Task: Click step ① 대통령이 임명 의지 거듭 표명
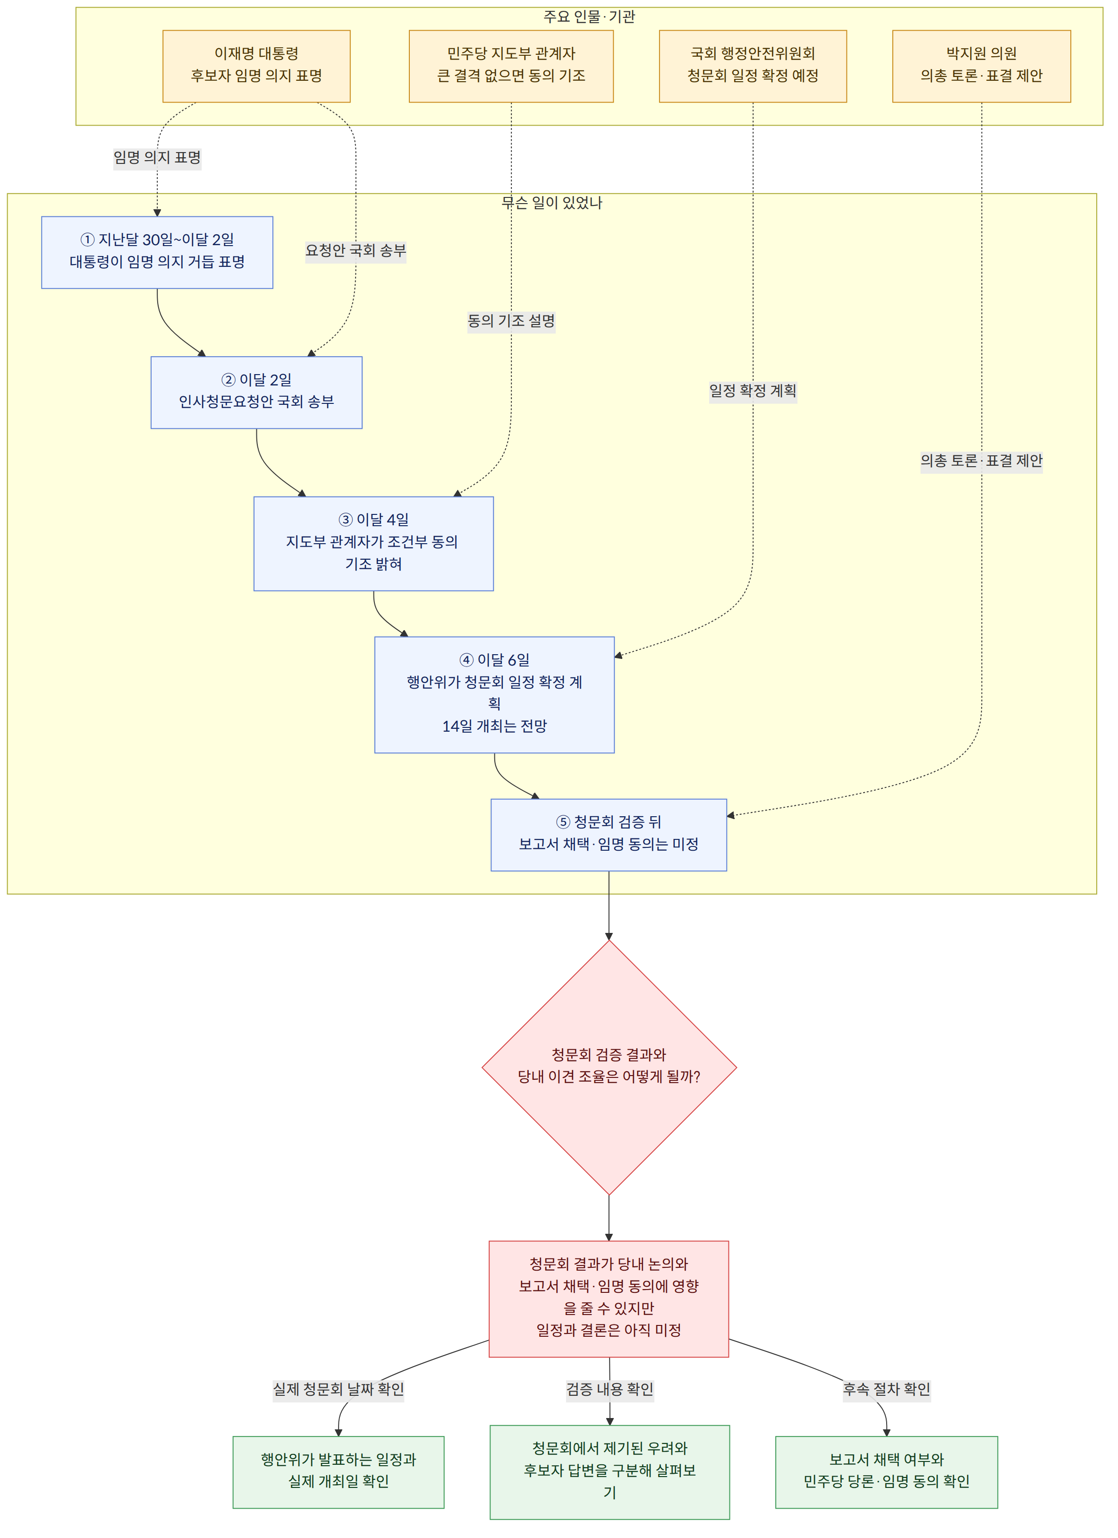pyautogui.click(x=157, y=252)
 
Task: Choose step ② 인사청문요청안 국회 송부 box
pyautogui.click(x=256, y=393)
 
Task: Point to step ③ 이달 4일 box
pyautogui.click(x=373, y=544)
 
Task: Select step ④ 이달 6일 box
pyautogui.click(x=494, y=694)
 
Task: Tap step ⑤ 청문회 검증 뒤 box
pyautogui.click(x=609, y=835)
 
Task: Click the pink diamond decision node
pyautogui.click(x=609, y=1068)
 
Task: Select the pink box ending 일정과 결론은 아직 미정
pyautogui.click(x=609, y=1299)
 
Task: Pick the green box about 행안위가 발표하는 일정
pyautogui.click(x=339, y=1472)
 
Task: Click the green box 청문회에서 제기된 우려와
pyautogui.click(x=610, y=1472)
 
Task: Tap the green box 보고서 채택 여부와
pyautogui.click(x=886, y=1472)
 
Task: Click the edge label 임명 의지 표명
pyautogui.click(x=157, y=158)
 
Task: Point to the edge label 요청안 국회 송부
pyautogui.click(x=356, y=251)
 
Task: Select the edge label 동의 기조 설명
pyautogui.click(x=511, y=321)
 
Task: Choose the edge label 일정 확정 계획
pyautogui.click(x=753, y=391)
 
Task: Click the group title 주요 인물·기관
pyautogui.click(x=589, y=16)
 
